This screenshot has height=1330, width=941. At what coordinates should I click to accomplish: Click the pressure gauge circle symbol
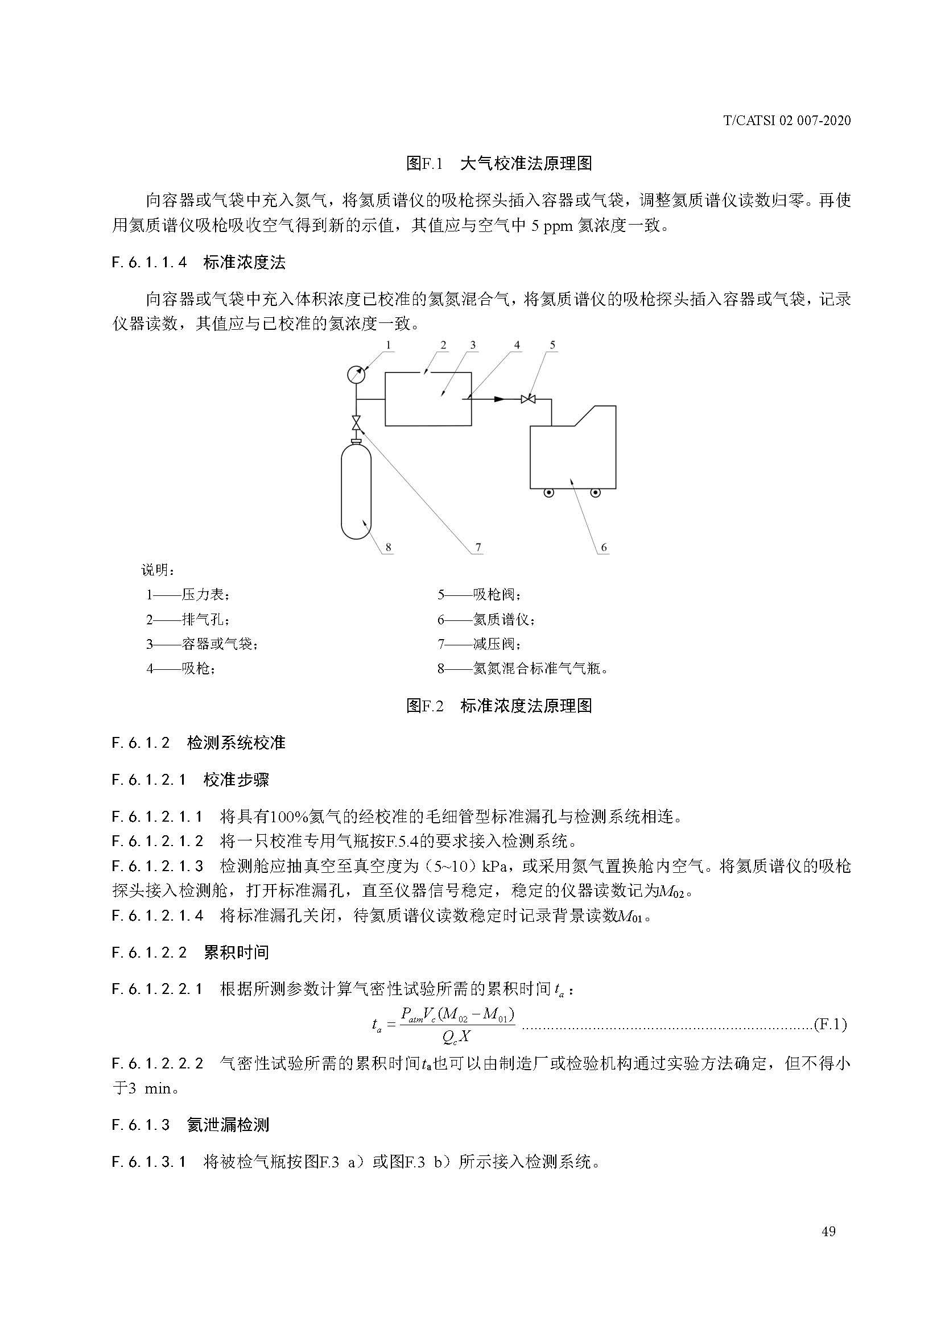coord(356,374)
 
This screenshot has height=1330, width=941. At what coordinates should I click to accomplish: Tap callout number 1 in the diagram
coord(388,345)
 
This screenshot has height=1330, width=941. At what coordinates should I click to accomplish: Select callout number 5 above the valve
coord(552,345)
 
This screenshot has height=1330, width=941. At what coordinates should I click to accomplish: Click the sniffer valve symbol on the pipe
coord(528,399)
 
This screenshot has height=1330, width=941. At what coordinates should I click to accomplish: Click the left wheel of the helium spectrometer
coord(548,493)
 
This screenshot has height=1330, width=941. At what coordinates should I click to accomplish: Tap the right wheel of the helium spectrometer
coord(595,493)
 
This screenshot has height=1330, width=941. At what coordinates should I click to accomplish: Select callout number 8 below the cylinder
coord(388,547)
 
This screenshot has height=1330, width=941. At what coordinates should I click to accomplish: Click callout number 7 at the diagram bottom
coord(478,547)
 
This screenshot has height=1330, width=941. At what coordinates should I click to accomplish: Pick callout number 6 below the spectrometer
coord(604,547)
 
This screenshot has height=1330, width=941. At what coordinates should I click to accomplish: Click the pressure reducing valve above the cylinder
coord(356,424)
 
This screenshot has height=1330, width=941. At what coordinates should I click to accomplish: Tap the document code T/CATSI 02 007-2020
coord(787,121)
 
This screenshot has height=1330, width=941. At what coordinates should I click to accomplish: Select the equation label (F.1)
coord(830,1024)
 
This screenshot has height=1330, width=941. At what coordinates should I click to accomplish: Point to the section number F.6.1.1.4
coord(150,262)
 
